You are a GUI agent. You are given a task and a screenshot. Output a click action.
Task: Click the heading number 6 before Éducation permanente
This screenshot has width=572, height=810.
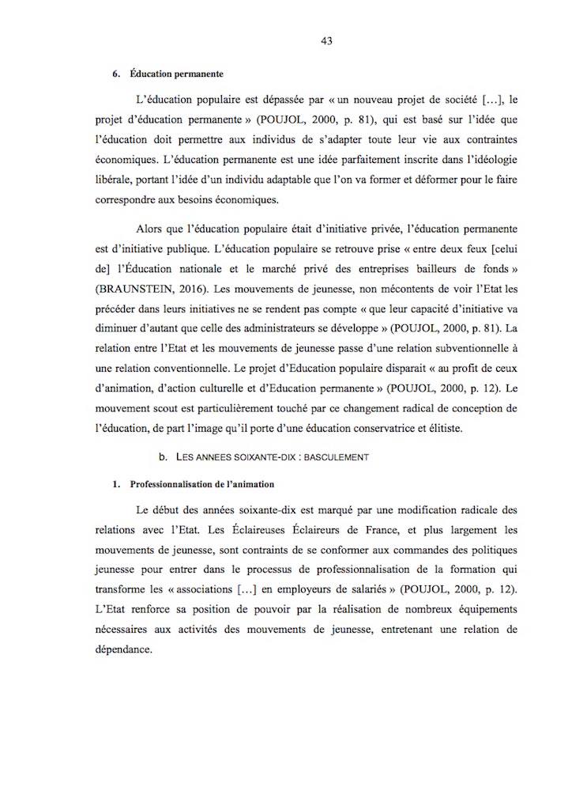click(x=115, y=74)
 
